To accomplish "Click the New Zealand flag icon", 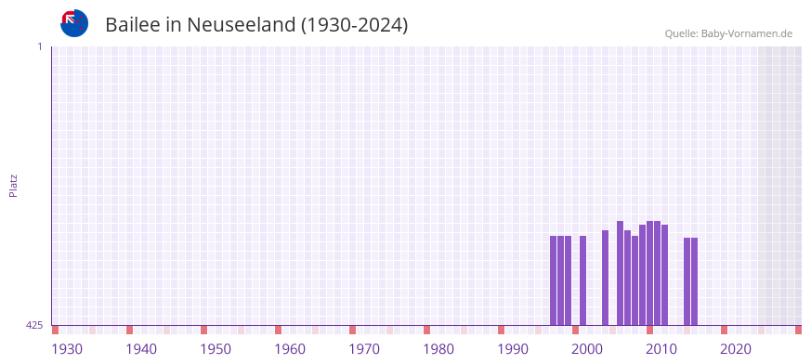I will click(x=74, y=23).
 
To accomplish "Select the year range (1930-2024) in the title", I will click(x=354, y=25).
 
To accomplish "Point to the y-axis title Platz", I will click(x=13, y=185).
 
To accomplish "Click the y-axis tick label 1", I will click(x=39, y=46).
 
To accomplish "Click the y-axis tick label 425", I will click(x=34, y=325).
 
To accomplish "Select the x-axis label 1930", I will click(x=67, y=349).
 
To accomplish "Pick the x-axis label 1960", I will click(x=290, y=349).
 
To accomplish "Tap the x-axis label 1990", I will click(x=513, y=349).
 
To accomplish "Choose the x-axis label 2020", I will click(x=736, y=349).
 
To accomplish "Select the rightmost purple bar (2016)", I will click(x=694, y=281).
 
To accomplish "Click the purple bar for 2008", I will click(x=635, y=279).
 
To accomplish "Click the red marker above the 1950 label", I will click(x=204, y=330).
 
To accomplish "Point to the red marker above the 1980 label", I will click(x=427, y=330).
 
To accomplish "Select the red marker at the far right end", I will click(x=798, y=330).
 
